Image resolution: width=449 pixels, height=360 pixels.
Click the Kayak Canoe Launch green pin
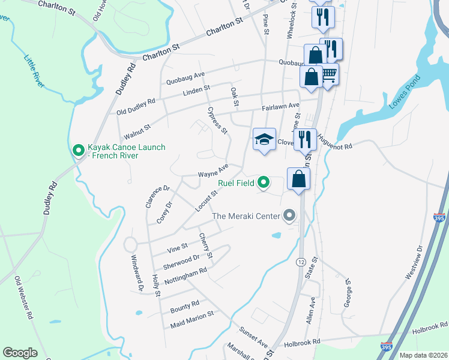[78, 150]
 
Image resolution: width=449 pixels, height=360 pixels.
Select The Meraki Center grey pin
[290, 215]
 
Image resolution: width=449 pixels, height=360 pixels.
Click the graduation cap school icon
[264, 140]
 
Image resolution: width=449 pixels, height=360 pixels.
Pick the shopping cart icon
[328, 74]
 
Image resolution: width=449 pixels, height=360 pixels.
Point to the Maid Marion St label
[192, 319]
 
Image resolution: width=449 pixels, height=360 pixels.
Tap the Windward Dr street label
[137, 274]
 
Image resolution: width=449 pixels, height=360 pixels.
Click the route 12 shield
[301, 262]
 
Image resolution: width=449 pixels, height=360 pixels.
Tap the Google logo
[20, 353]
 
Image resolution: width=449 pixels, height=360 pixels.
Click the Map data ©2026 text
[423, 355]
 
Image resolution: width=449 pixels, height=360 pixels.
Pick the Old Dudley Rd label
[136, 106]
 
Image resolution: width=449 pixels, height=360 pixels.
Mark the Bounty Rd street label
[184, 306]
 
